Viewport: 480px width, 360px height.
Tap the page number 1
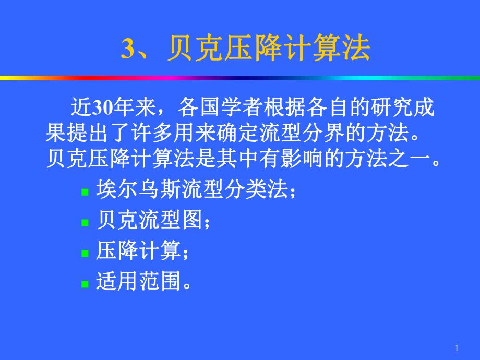tap(457, 349)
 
